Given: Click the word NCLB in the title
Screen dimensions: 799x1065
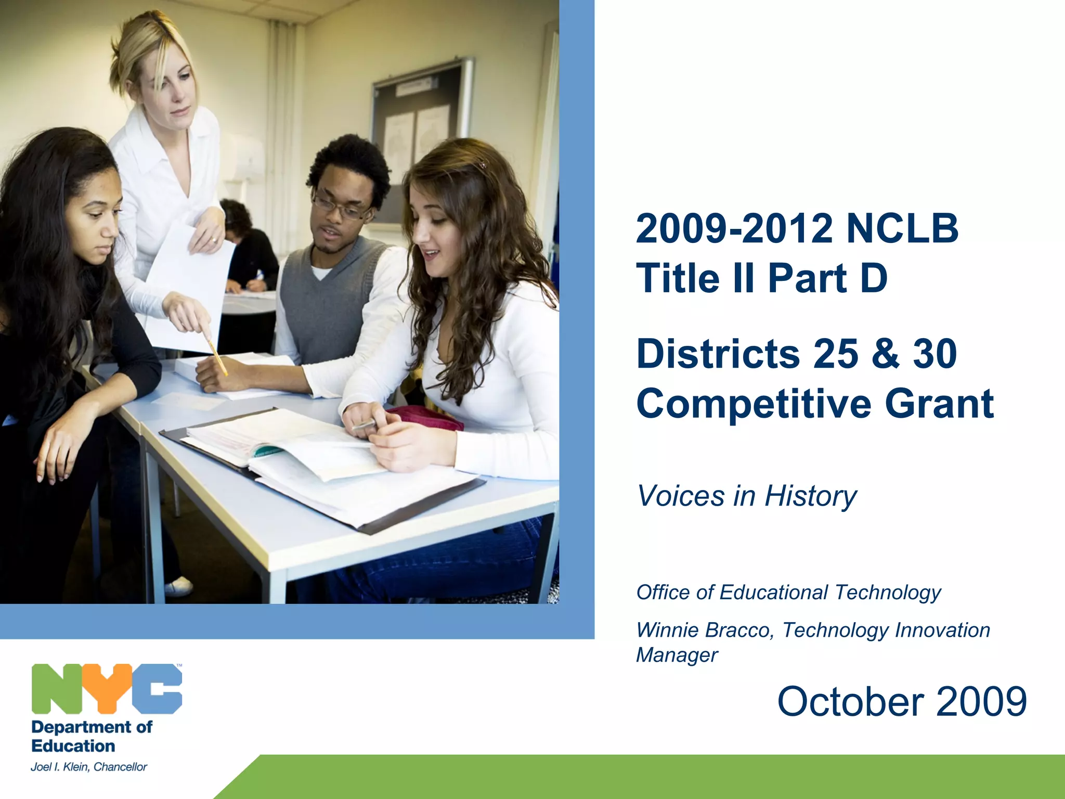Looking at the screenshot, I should click(x=902, y=228).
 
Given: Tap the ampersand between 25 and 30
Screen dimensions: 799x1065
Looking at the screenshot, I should click(x=886, y=354).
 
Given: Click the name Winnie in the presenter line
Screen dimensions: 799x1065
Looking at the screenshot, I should click(x=667, y=630).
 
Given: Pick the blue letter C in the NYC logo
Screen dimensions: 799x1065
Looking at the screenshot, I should click(x=157, y=688).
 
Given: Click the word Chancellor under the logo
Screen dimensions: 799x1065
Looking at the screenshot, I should click(x=120, y=767).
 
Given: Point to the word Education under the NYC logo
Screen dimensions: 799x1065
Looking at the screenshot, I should click(x=73, y=746).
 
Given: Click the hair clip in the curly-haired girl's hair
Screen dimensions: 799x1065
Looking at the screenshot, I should click(x=483, y=165).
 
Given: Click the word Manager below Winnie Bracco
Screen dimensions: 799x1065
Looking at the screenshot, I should click(x=677, y=655).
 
